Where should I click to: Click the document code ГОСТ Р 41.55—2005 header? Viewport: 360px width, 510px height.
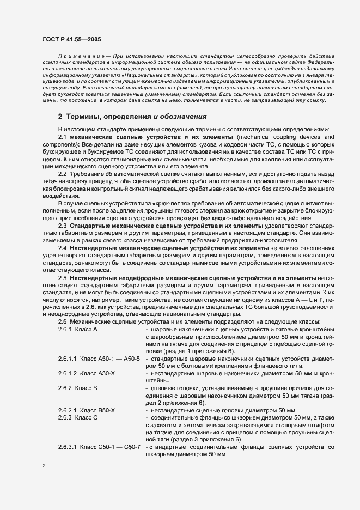point(70,40)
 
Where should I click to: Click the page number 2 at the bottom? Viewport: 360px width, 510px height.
point(45,466)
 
